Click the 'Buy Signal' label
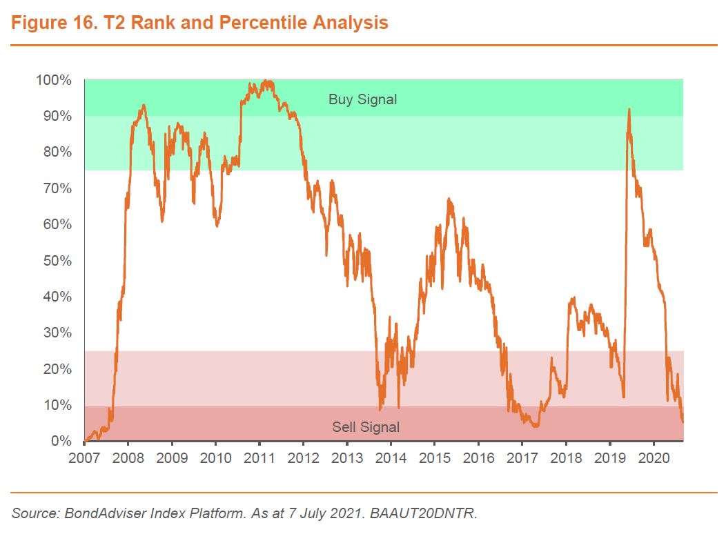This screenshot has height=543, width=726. [x=362, y=99]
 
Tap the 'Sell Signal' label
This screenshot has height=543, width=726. [x=366, y=427]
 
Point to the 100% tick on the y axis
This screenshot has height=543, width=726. [x=54, y=80]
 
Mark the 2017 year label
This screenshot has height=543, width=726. [x=522, y=458]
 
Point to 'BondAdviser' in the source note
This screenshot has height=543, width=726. [x=92, y=514]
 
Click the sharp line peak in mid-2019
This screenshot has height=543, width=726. [x=629, y=110]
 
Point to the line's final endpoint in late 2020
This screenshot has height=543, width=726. [x=683, y=421]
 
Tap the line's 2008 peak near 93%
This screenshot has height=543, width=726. [x=143, y=105]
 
